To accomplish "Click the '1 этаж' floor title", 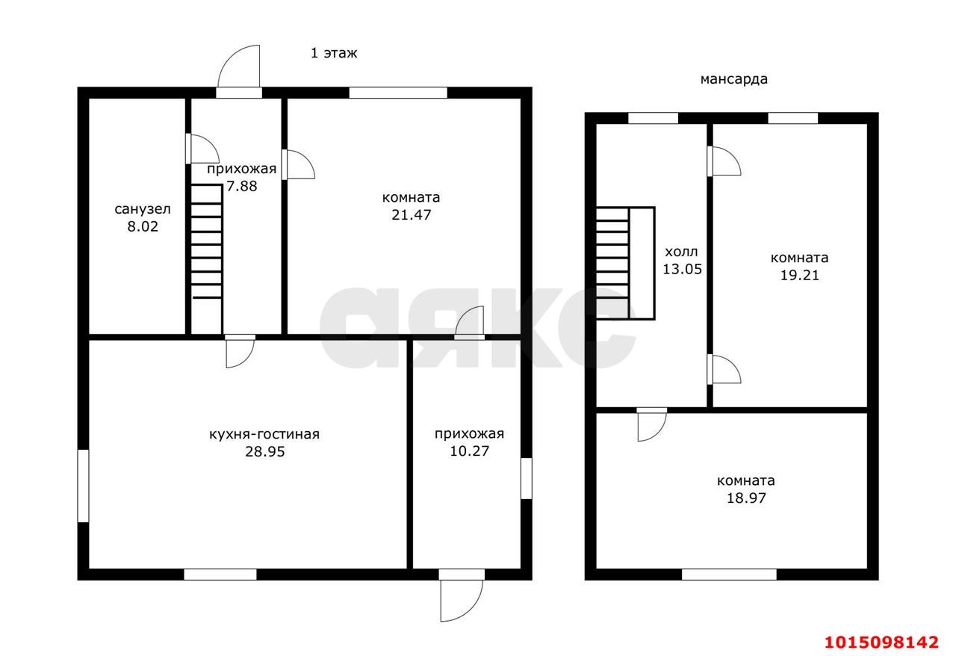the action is coord(334,53).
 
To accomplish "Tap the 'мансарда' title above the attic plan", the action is coord(733,79).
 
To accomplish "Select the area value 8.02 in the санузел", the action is coord(143,226).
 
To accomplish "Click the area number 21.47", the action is coord(411,214).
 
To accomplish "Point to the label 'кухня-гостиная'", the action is coord(264,434).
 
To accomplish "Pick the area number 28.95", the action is coord(264,452).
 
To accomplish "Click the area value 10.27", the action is coord(470,451).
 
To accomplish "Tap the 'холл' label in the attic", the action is coord(681,252).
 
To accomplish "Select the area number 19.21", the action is coord(800,275).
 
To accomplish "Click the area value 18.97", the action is coord(746,498).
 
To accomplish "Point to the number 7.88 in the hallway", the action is coord(241,186).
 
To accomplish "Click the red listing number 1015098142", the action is coord(881,642).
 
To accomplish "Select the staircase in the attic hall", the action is coord(625,263).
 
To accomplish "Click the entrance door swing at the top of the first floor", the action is coord(238,66).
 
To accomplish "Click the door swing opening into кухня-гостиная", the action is coord(240,353).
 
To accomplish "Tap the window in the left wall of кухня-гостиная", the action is coord(83,486).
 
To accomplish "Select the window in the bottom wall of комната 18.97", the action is coord(729,575).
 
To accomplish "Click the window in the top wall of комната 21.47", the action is coord(398,93).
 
